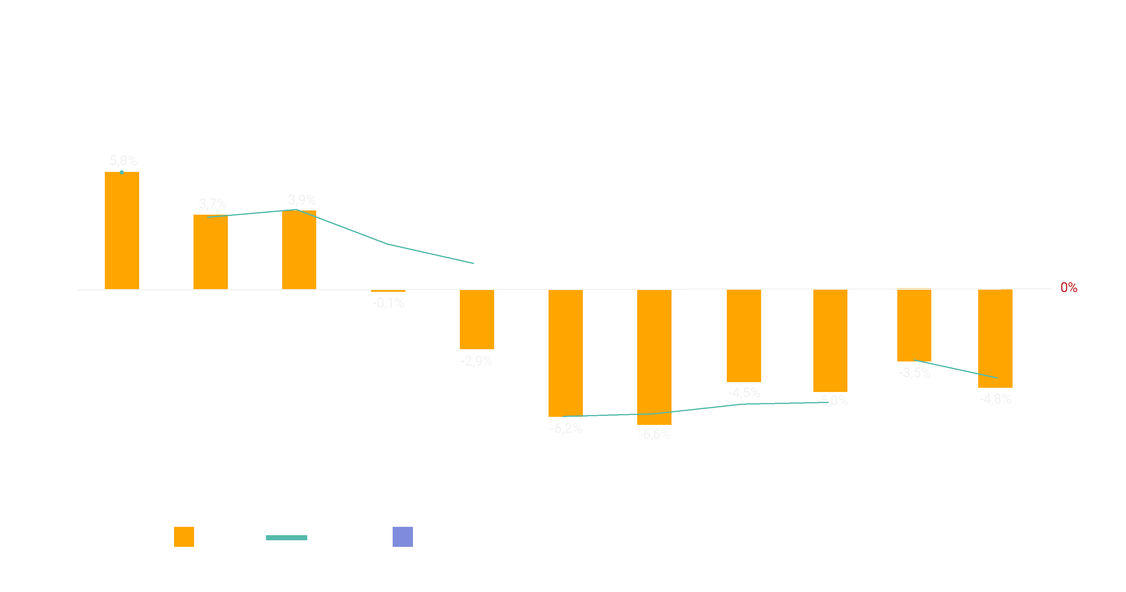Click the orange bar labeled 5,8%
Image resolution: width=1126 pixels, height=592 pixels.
pyautogui.click(x=122, y=231)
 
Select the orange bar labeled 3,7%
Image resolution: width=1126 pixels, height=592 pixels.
pyautogui.click(x=211, y=252)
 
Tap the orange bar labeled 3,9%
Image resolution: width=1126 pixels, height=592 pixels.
pyautogui.click(x=299, y=250)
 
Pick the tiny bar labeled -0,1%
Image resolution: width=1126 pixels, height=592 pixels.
pyautogui.click(x=388, y=291)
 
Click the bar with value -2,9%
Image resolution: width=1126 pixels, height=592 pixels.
pyautogui.click(x=477, y=319)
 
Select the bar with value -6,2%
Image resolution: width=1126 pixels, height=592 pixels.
pyautogui.click(x=566, y=353)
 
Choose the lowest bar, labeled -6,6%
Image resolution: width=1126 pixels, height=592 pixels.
pyautogui.click(x=654, y=357)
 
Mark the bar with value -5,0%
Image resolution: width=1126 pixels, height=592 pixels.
pyautogui.click(x=830, y=341)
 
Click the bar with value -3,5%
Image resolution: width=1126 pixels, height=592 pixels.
pyautogui.click(x=914, y=326)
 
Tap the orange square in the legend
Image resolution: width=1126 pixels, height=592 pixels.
pyautogui.click(x=184, y=537)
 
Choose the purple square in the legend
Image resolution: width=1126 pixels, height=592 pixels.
pyautogui.click(x=403, y=537)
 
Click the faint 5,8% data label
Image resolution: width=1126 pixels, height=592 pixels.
pyautogui.click(x=123, y=161)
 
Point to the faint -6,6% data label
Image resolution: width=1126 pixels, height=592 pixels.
pyautogui.click(x=654, y=434)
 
